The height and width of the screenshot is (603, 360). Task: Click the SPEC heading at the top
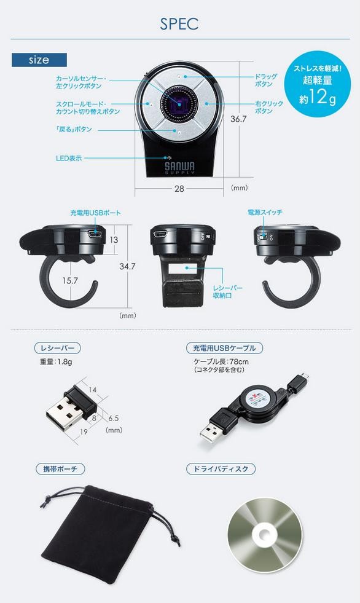click(179, 24)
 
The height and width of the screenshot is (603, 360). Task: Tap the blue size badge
click(39, 60)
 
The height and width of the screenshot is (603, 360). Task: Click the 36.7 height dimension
click(238, 119)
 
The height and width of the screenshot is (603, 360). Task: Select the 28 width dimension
click(179, 189)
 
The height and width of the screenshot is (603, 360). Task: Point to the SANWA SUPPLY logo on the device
click(180, 168)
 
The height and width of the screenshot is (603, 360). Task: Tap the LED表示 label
click(69, 158)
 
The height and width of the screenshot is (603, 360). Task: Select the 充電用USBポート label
click(95, 213)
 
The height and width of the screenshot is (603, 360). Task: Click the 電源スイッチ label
click(265, 212)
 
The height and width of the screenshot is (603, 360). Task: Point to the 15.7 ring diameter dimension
click(70, 281)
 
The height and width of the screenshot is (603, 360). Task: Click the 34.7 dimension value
click(127, 266)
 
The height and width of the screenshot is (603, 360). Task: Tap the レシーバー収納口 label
click(228, 292)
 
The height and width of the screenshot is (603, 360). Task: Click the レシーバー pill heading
click(58, 348)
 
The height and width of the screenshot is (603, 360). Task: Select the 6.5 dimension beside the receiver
click(113, 418)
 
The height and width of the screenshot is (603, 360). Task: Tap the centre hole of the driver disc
click(264, 535)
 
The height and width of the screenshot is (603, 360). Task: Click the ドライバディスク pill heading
click(221, 469)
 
